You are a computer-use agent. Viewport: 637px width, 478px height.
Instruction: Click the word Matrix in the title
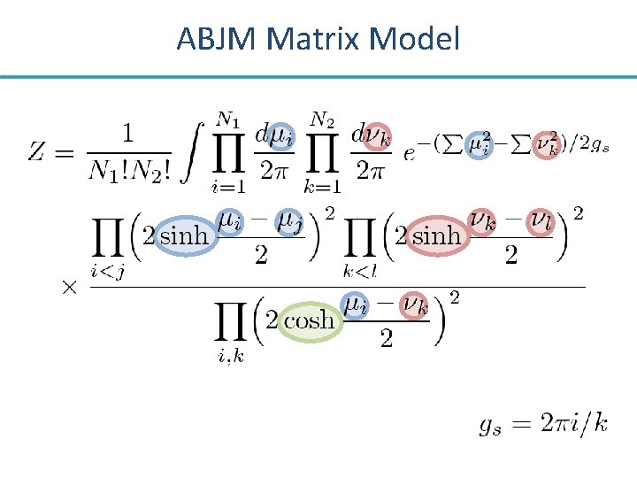click(x=311, y=39)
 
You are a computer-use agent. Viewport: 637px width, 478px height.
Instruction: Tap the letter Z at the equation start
click(x=38, y=151)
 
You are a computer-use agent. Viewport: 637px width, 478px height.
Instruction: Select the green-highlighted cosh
click(x=309, y=320)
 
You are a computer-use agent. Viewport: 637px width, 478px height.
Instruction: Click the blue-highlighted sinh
click(x=183, y=236)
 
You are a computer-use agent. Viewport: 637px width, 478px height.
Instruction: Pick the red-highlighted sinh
click(x=436, y=235)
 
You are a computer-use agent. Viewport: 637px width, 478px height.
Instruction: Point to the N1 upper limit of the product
click(x=228, y=118)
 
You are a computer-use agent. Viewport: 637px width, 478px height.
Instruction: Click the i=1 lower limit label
click(x=227, y=187)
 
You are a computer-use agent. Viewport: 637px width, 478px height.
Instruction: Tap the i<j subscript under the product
click(x=107, y=271)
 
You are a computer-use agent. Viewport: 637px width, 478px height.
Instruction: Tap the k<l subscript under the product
click(x=359, y=269)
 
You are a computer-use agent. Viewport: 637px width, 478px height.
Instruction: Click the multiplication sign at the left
click(x=68, y=287)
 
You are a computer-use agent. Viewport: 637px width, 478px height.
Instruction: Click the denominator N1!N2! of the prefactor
click(x=129, y=171)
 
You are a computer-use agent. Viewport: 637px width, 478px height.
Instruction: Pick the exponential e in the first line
click(x=409, y=153)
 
